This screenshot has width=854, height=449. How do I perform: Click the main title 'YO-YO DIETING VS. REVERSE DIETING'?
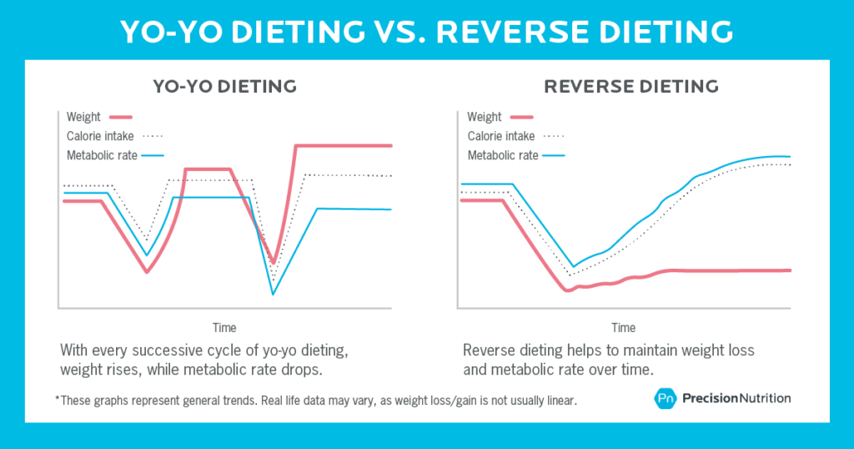(x=426, y=30)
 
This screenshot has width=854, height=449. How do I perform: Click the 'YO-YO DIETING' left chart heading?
(x=224, y=86)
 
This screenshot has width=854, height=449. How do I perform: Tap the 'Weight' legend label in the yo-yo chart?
(x=83, y=117)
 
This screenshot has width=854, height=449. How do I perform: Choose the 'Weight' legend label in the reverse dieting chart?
(x=485, y=117)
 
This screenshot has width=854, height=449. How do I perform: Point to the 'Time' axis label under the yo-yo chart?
(x=224, y=327)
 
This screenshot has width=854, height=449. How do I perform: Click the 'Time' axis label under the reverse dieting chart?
(x=624, y=327)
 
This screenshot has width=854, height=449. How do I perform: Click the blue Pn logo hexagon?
(x=664, y=398)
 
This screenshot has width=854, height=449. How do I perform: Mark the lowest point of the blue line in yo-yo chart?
(x=273, y=294)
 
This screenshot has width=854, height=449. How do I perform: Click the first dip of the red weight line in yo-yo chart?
(x=147, y=271)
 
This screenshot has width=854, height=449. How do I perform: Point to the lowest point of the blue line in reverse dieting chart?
(x=572, y=266)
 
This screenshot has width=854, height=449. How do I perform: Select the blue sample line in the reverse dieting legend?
(x=555, y=155)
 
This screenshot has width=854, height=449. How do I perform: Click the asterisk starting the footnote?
(x=58, y=399)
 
